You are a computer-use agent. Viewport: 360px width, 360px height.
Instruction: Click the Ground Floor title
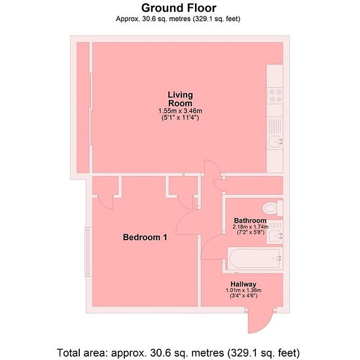(179, 8)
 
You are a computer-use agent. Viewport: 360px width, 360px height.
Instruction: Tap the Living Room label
(180, 99)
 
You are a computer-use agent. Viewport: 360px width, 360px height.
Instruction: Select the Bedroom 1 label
(145, 237)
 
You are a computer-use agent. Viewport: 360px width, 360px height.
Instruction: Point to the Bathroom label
(250, 221)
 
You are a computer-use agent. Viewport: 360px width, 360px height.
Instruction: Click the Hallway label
(243, 284)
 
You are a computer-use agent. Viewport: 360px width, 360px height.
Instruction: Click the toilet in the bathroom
(272, 208)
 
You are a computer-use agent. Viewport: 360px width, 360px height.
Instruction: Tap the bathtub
(255, 258)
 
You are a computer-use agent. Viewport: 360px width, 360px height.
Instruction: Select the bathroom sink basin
(275, 236)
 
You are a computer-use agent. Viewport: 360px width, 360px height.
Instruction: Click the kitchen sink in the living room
(275, 141)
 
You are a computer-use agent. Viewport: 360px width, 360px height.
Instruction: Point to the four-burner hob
(275, 96)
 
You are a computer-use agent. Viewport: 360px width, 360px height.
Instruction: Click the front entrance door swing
(261, 320)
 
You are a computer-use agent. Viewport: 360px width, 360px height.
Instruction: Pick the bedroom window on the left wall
(88, 251)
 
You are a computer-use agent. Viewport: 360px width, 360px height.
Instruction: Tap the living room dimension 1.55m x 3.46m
(180, 111)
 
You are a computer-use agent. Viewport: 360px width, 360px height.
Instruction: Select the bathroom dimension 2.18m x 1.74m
(251, 227)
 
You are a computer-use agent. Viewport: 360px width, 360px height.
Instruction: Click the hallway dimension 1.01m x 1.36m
(243, 290)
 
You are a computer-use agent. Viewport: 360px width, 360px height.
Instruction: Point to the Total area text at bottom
(178, 352)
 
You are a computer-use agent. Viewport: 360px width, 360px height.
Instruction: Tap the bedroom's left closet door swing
(105, 202)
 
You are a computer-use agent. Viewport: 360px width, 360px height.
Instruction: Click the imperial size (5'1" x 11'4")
(180, 118)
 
